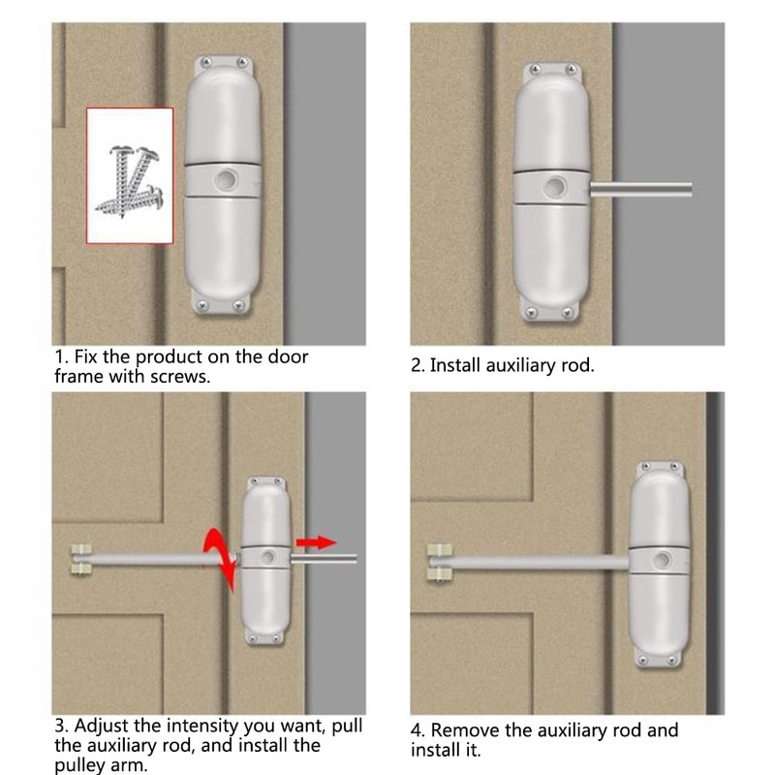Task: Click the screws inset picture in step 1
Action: (x=130, y=174)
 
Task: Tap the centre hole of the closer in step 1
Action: (x=227, y=180)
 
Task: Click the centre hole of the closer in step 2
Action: (x=557, y=186)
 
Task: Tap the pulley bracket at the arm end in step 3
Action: (x=79, y=559)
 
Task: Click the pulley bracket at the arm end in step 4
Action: (x=439, y=561)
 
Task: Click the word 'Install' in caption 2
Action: (x=457, y=366)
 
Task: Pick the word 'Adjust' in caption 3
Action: (x=104, y=726)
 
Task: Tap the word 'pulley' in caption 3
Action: (x=80, y=764)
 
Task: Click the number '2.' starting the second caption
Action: (x=418, y=366)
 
